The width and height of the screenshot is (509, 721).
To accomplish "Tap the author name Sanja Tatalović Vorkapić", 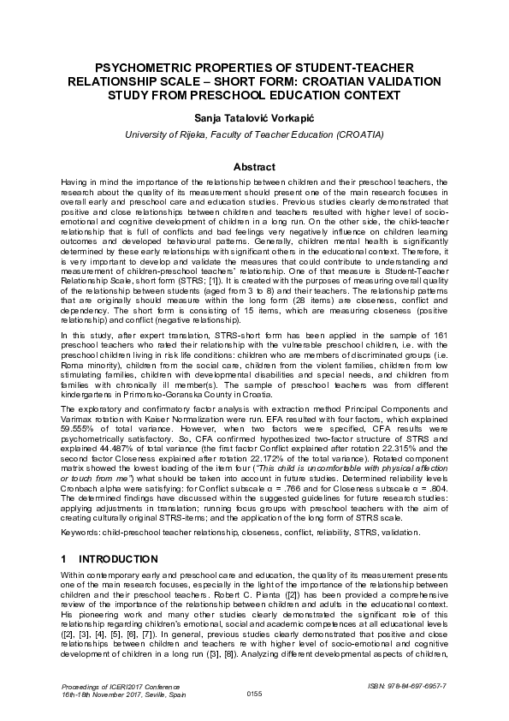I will click(x=254, y=116).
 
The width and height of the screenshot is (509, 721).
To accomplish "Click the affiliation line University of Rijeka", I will click(x=254, y=134).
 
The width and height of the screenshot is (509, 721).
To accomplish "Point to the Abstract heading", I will click(x=254, y=167).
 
